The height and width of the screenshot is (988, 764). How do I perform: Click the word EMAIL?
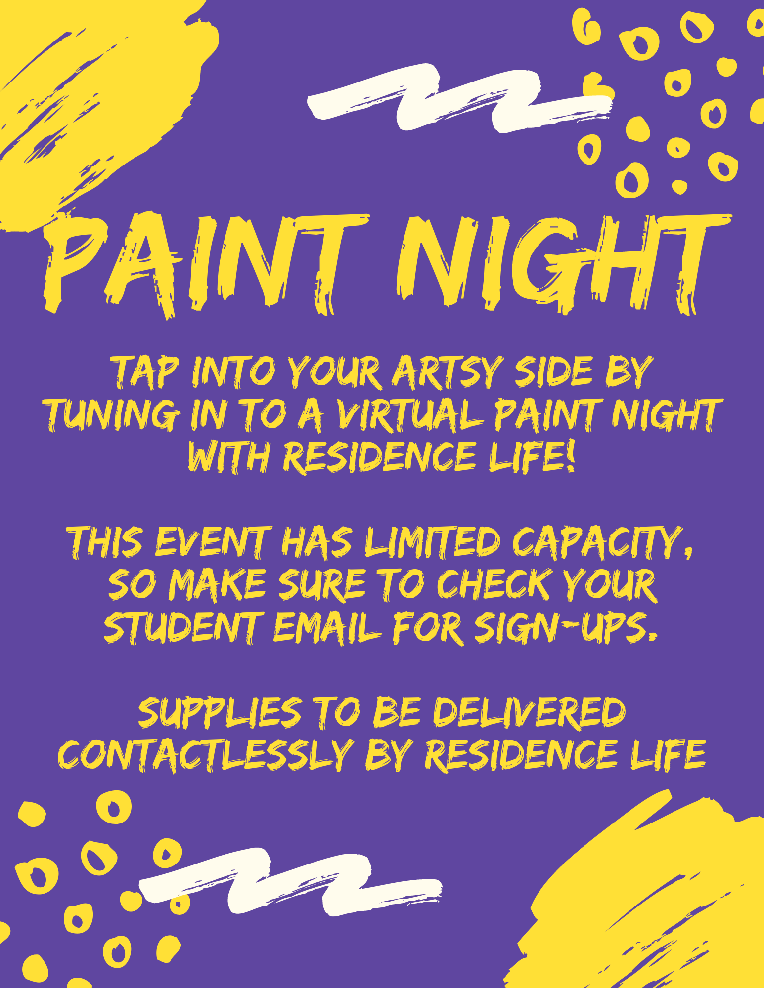click(327, 627)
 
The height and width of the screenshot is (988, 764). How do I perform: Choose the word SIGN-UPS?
click(567, 627)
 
